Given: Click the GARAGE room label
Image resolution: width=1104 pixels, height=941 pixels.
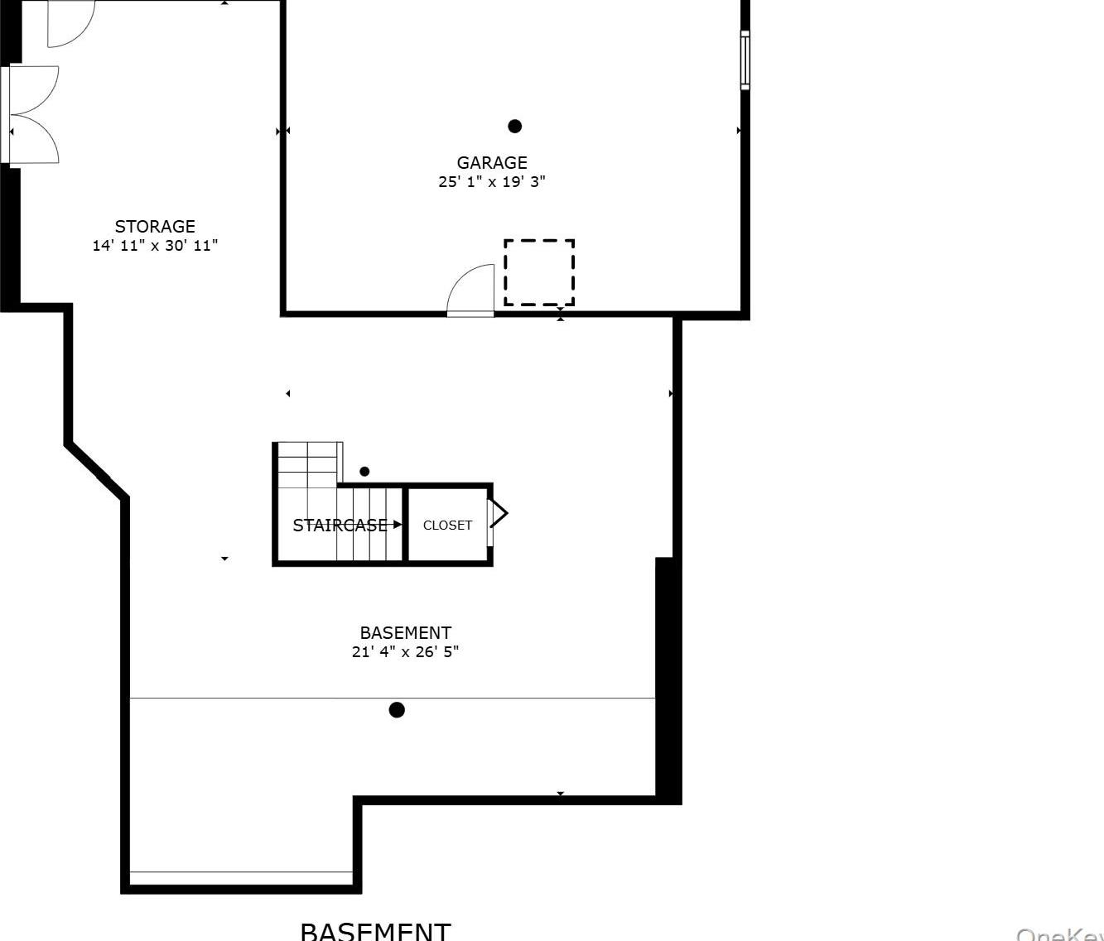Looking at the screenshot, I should point(491,162).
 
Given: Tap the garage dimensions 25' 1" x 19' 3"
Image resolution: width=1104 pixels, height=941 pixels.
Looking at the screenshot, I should point(491,182).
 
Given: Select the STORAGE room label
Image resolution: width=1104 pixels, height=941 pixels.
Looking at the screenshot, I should point(155,226).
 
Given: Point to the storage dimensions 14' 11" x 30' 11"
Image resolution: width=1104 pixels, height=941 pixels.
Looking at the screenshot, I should point(155,246).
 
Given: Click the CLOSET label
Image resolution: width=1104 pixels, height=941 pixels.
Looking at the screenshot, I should point(447,526).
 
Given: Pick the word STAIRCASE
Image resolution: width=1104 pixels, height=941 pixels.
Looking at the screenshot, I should point(340,526).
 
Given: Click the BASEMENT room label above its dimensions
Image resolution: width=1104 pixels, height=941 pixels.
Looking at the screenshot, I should point(405,633).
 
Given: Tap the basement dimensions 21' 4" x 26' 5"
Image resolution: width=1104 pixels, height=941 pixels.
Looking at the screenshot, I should point(405,652).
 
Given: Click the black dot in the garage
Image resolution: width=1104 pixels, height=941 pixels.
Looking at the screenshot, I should point(514,127).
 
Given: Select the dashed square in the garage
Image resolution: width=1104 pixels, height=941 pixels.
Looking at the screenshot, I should point(539,272).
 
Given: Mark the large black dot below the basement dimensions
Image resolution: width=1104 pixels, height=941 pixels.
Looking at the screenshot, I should point(397,710).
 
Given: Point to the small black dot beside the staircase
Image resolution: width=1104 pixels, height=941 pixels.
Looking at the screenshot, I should point(364,472).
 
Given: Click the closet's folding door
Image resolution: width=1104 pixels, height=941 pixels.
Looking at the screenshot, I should point(497,514).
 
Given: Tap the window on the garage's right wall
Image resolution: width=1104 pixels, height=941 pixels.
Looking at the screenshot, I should point(745,60).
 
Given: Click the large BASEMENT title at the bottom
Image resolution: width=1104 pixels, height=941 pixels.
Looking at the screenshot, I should point(375,931).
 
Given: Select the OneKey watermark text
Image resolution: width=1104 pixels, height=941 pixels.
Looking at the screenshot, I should point(1060,934).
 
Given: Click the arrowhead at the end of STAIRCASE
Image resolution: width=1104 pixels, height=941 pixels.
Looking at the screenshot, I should point(398,525).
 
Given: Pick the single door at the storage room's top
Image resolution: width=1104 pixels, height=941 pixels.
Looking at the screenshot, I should point(70,23).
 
